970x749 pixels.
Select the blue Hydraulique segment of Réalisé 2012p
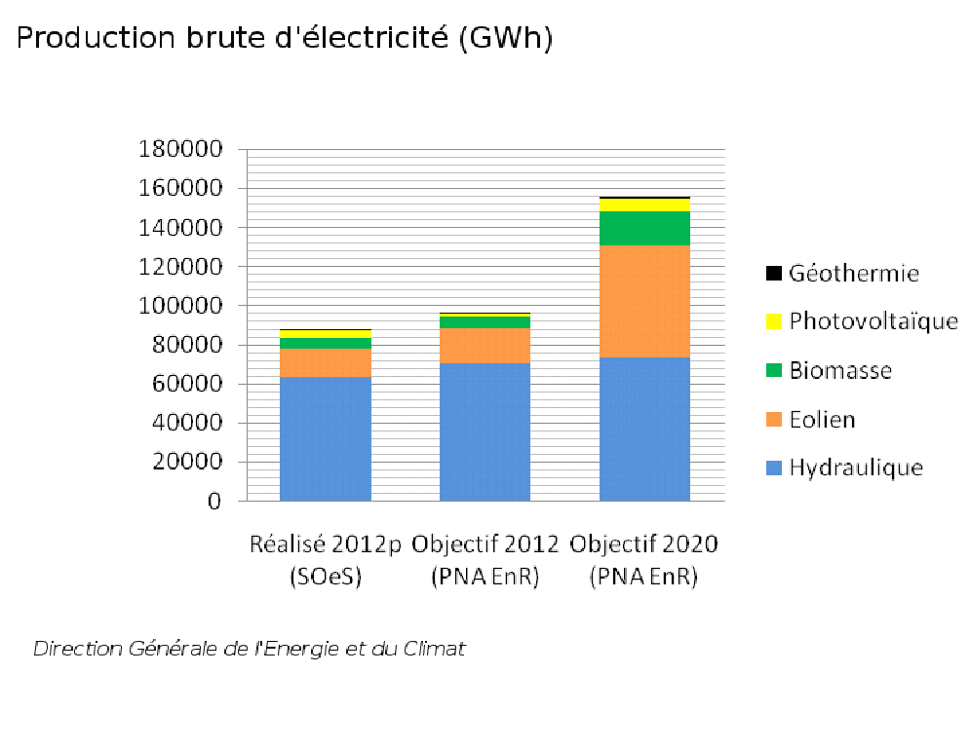[326, 438]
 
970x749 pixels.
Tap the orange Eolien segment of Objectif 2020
[644, 301]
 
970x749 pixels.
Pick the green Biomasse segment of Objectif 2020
[644, 228]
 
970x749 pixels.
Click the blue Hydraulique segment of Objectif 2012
[485, 431]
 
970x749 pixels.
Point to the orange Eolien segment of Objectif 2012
[485, 346]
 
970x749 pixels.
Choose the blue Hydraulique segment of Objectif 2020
[644, 429]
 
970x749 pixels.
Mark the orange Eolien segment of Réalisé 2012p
[326, 362]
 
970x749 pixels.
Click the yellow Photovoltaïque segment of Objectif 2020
[644, 205]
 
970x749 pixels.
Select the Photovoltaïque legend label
[873, 321]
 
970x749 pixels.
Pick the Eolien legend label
[822, 420]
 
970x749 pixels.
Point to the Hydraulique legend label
[856, 468]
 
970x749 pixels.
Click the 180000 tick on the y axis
[181, 149]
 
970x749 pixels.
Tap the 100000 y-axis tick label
[181, 306]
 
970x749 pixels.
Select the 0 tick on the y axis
[214, 502]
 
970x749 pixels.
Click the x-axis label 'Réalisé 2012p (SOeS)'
[326, 559]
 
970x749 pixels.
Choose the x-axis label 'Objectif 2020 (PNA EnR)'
[644, 559]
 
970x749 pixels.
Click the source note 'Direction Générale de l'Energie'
[250, 649]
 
